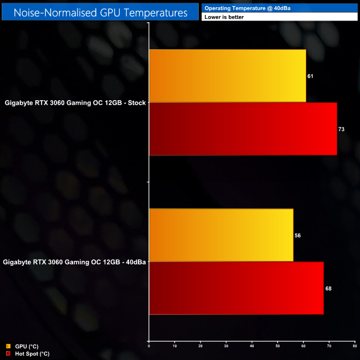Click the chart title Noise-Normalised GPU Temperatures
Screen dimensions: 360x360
(100, 11)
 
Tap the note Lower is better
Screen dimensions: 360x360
(224, 17)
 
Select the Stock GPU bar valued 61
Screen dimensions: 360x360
(227, 75)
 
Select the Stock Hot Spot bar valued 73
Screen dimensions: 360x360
(243, 128)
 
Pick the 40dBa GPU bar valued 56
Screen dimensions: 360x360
(221, 235)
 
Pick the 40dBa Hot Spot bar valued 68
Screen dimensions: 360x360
(236, 288)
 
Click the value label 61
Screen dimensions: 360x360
(310, 76)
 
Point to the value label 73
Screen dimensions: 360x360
(341, 129)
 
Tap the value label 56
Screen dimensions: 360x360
(297, 235)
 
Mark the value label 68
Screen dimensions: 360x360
(328, 289)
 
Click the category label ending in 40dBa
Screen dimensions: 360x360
(74, 262)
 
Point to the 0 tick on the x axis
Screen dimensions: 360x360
(149, 346)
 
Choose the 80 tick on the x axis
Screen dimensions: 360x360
(354, 346)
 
